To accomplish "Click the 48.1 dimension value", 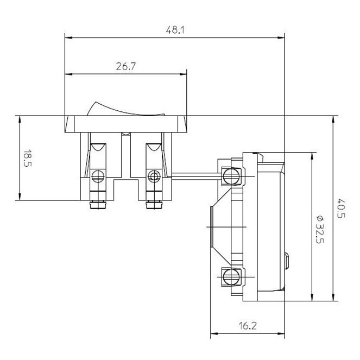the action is click(175, 30).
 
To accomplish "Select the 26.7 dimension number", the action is click(126, 66).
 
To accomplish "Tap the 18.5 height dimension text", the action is click(27, 158).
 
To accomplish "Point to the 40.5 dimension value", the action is click(341, 209).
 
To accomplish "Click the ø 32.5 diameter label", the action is click(320, 229).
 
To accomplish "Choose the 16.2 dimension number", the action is click(248, 326).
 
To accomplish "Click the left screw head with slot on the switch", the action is click(98, 176).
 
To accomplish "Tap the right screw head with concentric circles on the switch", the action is click(154, 176).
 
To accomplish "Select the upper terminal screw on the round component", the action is click(231, 176).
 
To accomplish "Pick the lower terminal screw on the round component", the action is click(231, 277).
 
